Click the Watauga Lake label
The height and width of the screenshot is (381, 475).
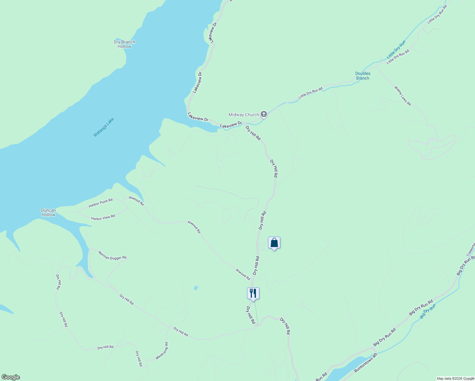[x=104, y=127]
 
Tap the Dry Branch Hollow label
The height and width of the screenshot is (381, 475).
[x=124, y=44]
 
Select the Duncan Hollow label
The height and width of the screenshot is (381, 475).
[x=48, y=212]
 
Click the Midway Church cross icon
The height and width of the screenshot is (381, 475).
[x=264, y=114]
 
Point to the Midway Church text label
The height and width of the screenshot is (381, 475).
[x=244, y=115]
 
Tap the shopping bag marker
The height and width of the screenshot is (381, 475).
[x=274, y=243]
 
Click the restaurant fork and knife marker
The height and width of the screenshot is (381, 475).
[x=253, y=294]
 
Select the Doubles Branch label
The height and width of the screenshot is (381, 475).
[x=363, y=76]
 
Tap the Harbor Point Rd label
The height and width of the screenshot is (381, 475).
[x=100, y=203]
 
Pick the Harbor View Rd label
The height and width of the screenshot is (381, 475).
[x=103, y=217]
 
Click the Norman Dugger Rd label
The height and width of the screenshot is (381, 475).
[x=112, y=256]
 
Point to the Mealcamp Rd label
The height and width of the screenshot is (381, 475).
[x=162, y=351]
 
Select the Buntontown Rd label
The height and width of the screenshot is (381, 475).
[x=365, y=363]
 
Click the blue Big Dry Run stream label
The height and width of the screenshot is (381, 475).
[x=428, y=311]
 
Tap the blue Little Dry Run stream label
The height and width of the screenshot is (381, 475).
[x=396, y=50]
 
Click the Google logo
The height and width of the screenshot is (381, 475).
[x=11, y=377]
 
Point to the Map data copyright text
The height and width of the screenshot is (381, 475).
[x=455, y=378]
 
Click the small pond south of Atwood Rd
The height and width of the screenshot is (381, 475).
[x=196, y=288]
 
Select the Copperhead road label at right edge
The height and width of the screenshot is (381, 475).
[x=471, y=249]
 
